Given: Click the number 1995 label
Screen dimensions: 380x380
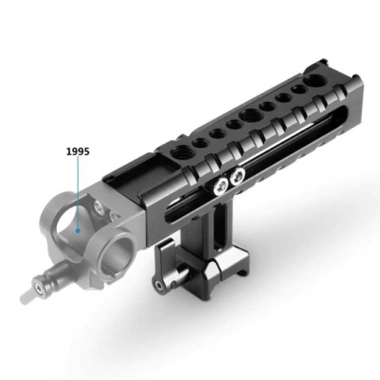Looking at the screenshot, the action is tap(78, 151).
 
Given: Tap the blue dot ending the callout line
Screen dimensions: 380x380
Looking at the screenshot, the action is tap(78, 231).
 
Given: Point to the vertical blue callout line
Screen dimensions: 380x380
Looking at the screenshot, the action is tap(78, 192).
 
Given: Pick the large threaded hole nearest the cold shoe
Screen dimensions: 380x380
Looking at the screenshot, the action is tap(180, 153).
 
